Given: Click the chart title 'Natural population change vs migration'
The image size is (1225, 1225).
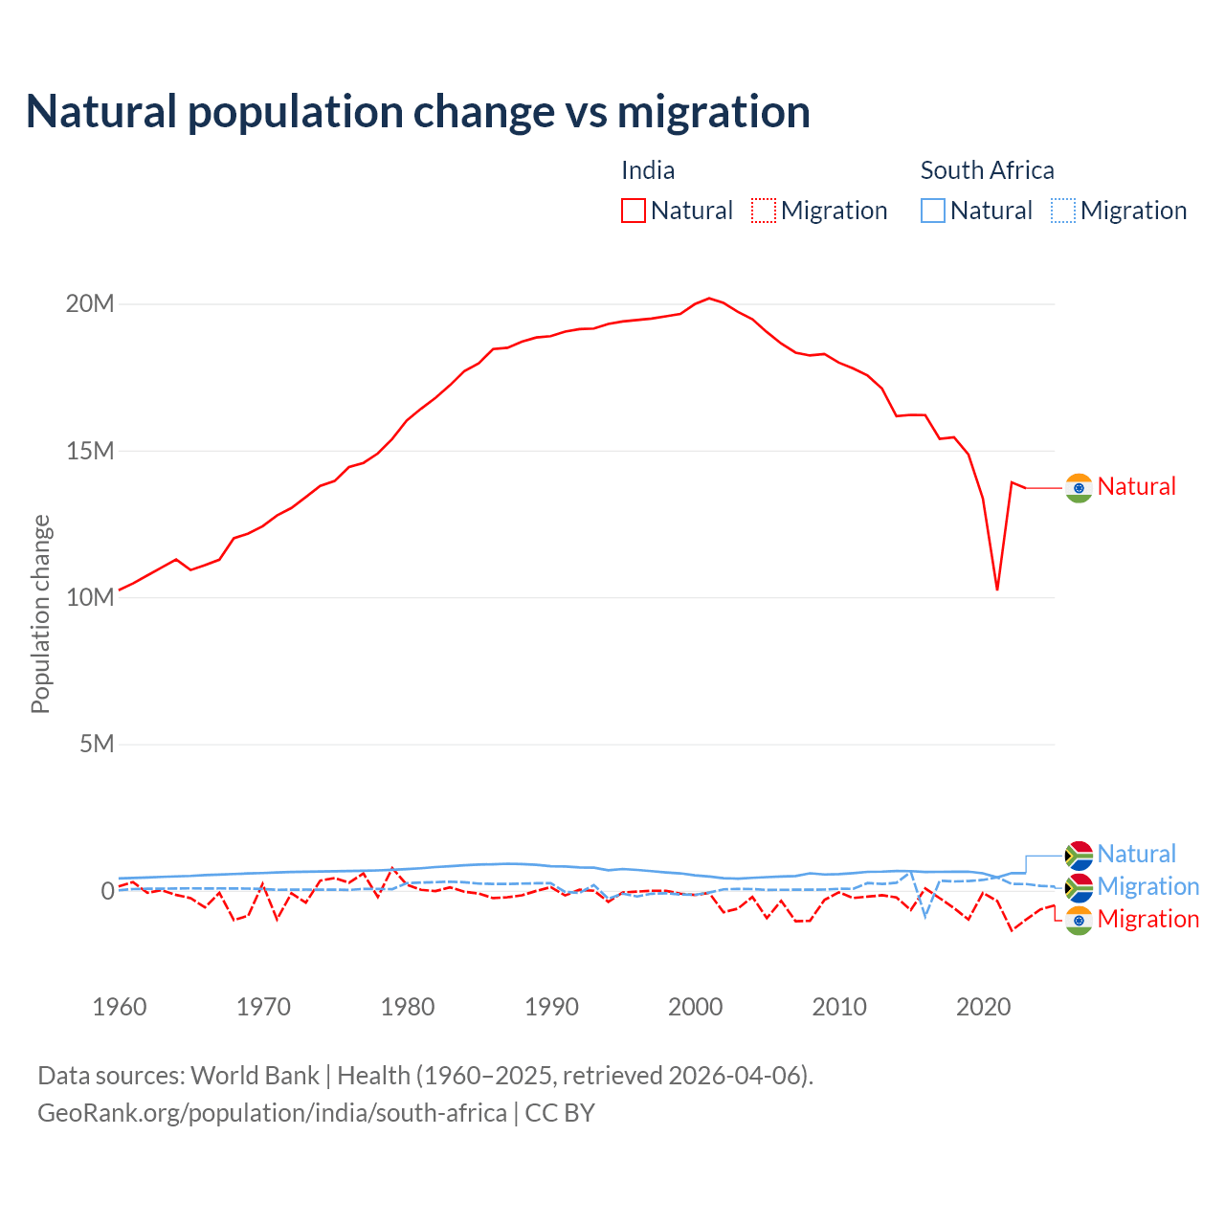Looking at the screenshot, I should click(418, 112).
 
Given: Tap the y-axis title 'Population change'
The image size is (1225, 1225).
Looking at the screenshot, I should click(40, 613).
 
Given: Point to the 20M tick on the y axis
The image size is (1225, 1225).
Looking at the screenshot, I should click(90, 304).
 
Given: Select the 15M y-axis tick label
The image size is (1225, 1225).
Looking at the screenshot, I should click(90, 451).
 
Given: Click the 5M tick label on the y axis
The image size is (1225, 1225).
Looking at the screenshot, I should click(97, 744).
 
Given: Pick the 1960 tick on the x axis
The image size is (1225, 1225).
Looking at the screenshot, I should click(120, 1007).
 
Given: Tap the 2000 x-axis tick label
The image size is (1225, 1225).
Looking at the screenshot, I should click(696, 1007).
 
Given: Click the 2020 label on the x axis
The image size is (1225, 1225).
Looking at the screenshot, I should click(984, 1007).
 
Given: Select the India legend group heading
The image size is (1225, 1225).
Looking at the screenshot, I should click(648, 170).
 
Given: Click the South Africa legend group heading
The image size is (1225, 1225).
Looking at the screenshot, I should click(987, 170).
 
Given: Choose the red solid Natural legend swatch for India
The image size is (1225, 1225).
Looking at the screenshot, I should click(634, 211).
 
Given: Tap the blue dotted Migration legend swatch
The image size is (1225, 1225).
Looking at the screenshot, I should click(1063, 211).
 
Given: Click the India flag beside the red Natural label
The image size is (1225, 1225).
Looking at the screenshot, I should click(1079, 488).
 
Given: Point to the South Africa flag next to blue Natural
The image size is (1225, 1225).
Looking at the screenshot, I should click(1079, 855).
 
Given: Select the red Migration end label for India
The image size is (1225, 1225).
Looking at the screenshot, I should click(1147, 920).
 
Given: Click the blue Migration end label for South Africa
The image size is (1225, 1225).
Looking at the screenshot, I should click(1147, 887).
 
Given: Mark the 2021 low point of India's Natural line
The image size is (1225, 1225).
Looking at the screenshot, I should click(997, 590).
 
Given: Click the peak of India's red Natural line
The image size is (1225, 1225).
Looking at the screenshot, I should click(709, 299).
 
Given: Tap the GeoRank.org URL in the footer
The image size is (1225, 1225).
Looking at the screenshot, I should click(272, 1113).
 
